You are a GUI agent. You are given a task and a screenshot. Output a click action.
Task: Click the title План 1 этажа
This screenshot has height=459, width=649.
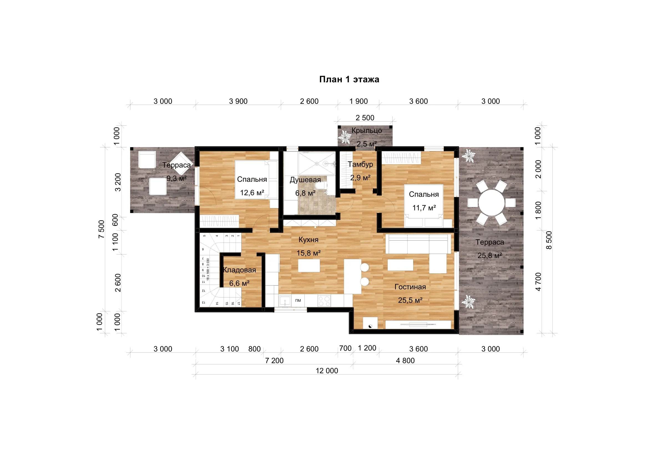pyautogui.click(x=349, y=79)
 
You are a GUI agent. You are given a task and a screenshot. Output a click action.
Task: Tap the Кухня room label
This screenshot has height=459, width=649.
pyautogui.click(x=308, y=240)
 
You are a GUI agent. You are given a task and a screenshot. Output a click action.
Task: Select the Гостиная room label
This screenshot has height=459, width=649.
pyautogui.click(x=410, y=287)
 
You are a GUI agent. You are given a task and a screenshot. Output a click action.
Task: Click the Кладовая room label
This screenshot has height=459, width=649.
pyautogui.click(x=239, y=270)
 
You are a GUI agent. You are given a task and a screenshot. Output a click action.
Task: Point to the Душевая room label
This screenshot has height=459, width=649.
pyautogui.click(x=305, y=180)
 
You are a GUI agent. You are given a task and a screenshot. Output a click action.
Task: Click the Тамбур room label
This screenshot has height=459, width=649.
pyautogui.click(x=360, y=165)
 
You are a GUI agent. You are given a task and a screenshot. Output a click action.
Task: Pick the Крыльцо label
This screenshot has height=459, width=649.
pyautogui.click(x=367, y=131)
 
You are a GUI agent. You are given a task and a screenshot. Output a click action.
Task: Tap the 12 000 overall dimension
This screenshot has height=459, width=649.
pyautogui.click(x=327, y=371)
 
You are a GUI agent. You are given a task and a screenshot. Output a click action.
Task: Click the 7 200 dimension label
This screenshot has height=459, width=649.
pyautogui.click(x=274, y=361)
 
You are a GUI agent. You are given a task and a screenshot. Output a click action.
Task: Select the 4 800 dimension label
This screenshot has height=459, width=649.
pyautogui.click(x=405, y=361)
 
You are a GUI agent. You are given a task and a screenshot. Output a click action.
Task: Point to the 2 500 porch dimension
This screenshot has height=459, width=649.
pyautogui.click(x=365, y=118)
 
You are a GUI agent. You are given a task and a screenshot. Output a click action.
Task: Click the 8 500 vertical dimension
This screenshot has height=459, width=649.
pyautogui.click(x=549, y=240)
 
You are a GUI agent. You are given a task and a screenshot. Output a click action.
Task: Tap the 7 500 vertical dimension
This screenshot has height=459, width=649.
pyautogui.click(x=101, y=229)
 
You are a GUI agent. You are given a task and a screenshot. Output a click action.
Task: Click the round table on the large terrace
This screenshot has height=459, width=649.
pyautogui.click(x=491, y=203)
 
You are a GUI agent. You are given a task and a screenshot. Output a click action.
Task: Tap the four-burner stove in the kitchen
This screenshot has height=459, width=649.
pyautogui.click(x=324, y=301)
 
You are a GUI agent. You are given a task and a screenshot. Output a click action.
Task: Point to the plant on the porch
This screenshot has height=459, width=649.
pyautogui.click(x=345, y=137)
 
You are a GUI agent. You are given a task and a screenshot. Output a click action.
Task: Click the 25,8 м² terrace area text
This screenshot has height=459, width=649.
pyautogui.click(x=489, y=256)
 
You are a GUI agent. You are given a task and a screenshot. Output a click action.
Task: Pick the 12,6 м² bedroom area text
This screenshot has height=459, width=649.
pyautogui.click(x=252, y=193)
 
